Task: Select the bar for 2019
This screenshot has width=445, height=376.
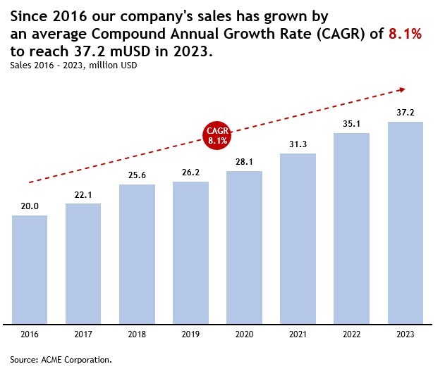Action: [x=190, y=253]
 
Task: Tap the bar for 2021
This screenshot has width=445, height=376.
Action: [x=298, y=239]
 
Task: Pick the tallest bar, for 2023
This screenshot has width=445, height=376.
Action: [x=405, y=223]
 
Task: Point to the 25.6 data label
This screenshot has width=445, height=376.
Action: [x=137, y=175]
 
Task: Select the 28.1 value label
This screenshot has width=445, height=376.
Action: [x=244, y=163]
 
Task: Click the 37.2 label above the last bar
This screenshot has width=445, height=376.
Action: [x=405, y=113]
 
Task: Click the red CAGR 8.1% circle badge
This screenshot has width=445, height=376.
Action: [x=217, y=135]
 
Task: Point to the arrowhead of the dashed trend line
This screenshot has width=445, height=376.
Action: [x=402, y=89]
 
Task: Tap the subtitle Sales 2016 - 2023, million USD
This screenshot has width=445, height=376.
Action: [x=73, y=65]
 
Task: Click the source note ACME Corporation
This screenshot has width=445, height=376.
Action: [x=61, y=360]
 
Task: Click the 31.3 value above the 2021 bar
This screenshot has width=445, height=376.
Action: [x=298, y=145]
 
